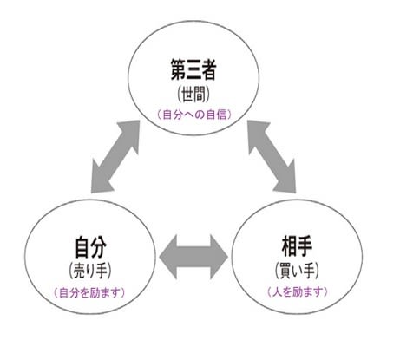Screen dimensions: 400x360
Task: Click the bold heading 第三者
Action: (193, 69)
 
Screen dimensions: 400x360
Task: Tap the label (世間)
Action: (193, 95)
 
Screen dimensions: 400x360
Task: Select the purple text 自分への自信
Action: (194, 115)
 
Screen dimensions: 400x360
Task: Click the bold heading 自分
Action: (90, 247)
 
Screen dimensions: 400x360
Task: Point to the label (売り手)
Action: (90, 271)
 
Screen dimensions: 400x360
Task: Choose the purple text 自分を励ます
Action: (89, 293)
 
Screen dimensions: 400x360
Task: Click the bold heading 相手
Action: (297, 246)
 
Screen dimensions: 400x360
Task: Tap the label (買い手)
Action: (297, 271)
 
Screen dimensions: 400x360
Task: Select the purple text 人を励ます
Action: (297, 292)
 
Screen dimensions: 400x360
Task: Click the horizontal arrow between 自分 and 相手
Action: (193, 257)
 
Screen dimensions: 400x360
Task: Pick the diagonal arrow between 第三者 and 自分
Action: (115, 156)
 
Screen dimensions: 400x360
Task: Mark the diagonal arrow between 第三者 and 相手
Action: (272, 156)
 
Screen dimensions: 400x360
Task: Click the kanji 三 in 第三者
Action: (193, 69)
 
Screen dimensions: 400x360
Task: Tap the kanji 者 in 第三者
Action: (209, 69)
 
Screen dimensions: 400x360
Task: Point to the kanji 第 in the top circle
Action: (178, 69)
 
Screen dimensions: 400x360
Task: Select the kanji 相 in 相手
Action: (289, 246)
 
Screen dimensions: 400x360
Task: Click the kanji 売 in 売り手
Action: (80, 271)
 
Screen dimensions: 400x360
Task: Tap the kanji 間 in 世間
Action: (200, 95)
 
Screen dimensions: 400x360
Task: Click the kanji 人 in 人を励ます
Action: (276, 292)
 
